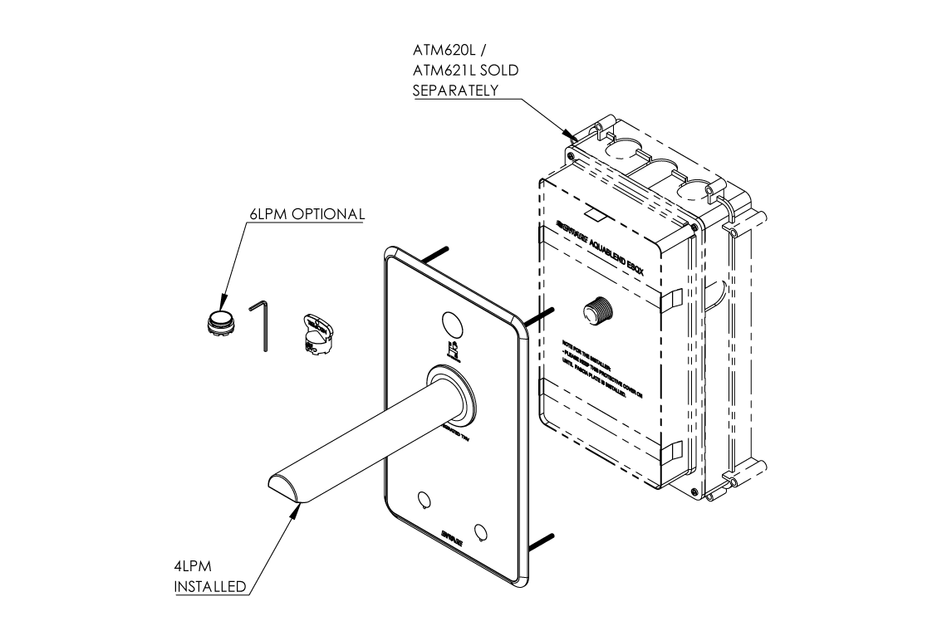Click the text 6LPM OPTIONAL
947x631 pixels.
point(307,213)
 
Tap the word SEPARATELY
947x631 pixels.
point(455,90)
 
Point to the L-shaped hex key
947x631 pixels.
point(262,325)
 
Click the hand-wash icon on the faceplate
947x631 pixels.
point(453,350)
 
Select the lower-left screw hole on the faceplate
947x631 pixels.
point(424,500)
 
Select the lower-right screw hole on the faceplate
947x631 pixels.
point(480,530)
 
